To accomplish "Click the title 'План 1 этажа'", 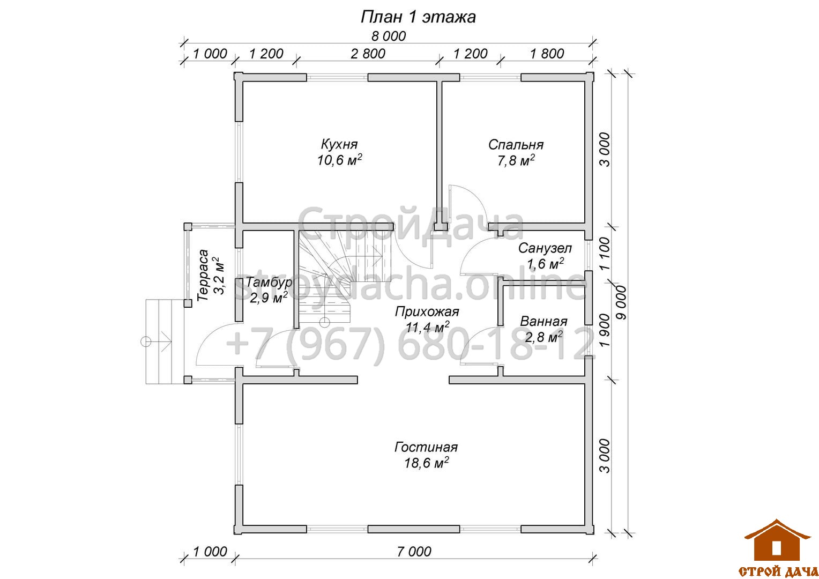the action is pos(418,17).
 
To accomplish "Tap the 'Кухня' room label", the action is pos(339,144).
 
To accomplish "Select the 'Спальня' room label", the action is pos(516,145).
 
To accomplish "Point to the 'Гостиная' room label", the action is pos(426,447).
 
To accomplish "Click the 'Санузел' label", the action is pos(545,248).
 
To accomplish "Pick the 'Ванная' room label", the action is pos(543,322).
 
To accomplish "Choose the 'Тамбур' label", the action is pos(269,282).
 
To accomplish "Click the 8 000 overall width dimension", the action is pos(389,36).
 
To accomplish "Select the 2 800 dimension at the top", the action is pos(368,54).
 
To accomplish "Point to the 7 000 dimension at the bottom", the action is pos(414,552).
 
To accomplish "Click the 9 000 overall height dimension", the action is pos(621,302).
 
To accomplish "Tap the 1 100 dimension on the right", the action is pos(605,254).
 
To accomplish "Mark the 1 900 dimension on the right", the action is pos(605,330).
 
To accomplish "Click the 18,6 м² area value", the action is pos(426,463).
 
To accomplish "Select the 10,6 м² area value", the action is pos(340,160).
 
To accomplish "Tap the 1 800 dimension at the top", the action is pos(547,54).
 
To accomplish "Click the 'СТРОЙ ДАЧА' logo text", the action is pos(778,571).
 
